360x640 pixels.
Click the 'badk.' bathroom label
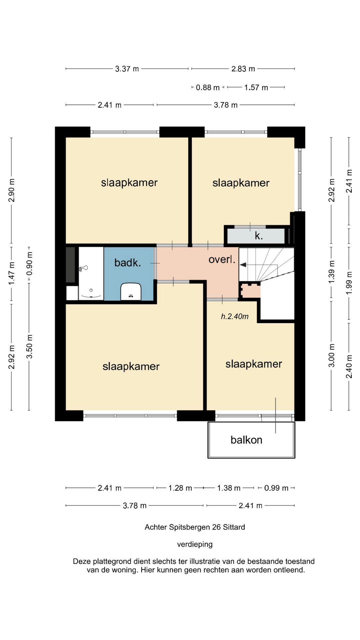128,263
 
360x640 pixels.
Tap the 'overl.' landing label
222,259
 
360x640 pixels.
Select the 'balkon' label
246,440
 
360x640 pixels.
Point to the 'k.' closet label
259,236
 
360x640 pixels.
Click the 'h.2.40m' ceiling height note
235,316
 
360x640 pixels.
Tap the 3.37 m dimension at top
127,69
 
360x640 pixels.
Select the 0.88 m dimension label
208,88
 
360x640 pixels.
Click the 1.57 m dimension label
256,88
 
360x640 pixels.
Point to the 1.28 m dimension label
180,488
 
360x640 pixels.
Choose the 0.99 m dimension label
276,488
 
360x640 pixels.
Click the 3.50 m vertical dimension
30,346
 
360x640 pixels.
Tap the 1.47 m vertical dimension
12,273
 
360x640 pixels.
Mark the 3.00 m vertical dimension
332,355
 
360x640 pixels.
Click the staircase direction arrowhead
243,265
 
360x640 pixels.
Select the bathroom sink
131,292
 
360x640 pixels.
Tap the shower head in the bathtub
84,268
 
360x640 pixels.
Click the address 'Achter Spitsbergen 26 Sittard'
195,527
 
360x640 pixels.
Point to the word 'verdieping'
195,545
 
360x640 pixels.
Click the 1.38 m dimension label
229,488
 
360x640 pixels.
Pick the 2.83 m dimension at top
243,69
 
